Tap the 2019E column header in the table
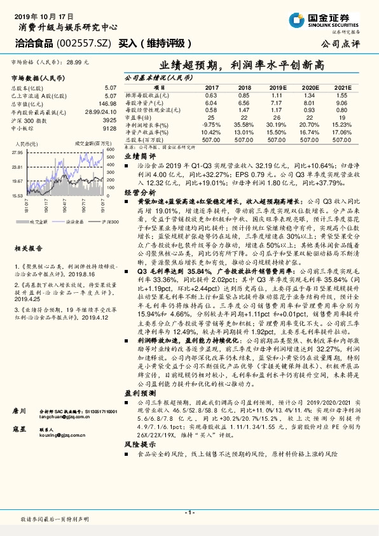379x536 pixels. click(x=276, y=87)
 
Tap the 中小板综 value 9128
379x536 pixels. click(x=110, y=128)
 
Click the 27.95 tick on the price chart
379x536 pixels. click(x=17, y=153)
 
